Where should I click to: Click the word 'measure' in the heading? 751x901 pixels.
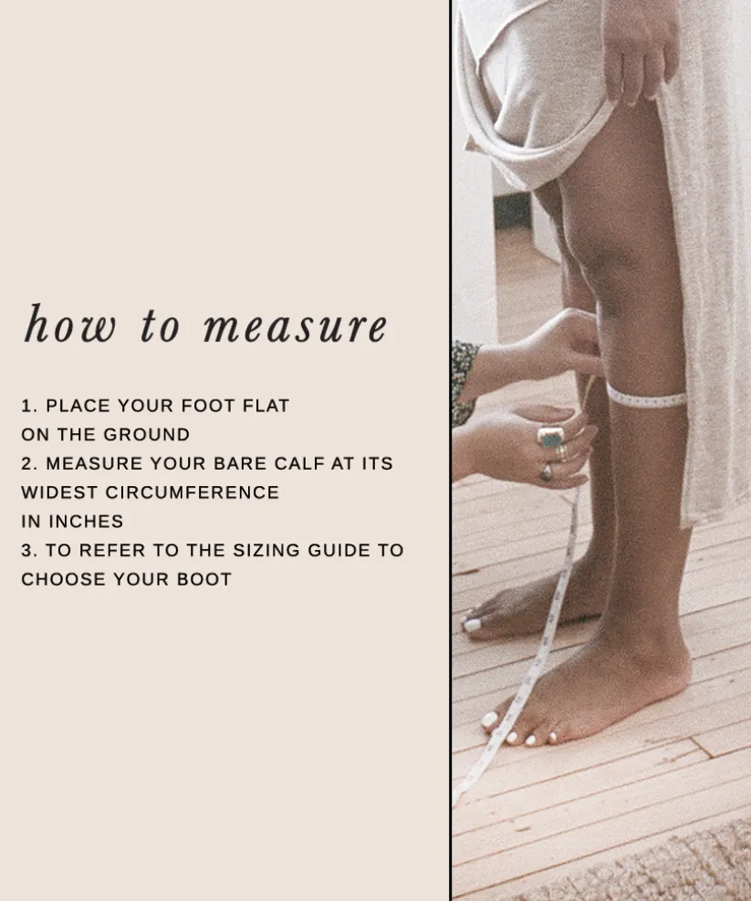click(x=296, y=326)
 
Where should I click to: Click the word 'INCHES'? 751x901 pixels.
click(x=86, y=522)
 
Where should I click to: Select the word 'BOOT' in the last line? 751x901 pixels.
click(x=204, y=579)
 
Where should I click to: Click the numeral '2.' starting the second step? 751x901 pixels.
click(x=29, y=463)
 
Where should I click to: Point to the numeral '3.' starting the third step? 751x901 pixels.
click(x=29, y=550)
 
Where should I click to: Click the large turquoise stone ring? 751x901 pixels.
click(x=551, y=438)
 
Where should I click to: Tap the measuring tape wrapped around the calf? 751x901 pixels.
click(x=646, y=398)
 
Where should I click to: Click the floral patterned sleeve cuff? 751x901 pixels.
click(x=464, y=379)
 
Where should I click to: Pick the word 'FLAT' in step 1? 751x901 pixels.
click(x=266, y=406)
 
